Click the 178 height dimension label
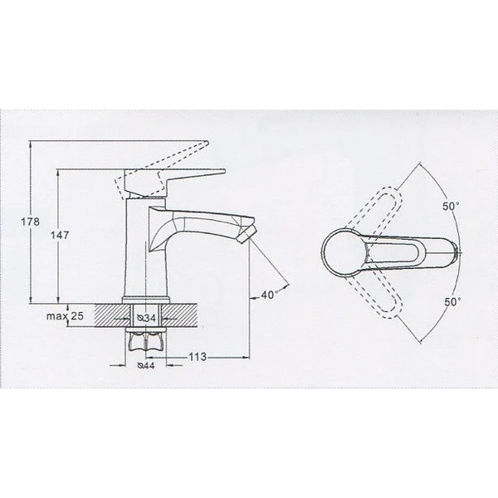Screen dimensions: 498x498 click(x=31, y=222)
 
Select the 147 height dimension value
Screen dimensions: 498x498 click(x=60, y=236)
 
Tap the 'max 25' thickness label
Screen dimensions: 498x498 click(x=65, y=316)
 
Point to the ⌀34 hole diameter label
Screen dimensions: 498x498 click(x=146, y=318)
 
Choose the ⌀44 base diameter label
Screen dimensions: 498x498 click(x=145, y=365)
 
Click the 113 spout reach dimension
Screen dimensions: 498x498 click(x=198, y=357)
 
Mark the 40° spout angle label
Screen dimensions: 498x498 click(x=270, y=295)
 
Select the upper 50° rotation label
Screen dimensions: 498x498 click(x=451, y=207)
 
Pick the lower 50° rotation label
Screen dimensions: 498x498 click(x=452, y=302)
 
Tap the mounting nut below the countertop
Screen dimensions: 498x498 click(x=146, y=342)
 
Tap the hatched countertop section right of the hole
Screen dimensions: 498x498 click(x=180, y=315)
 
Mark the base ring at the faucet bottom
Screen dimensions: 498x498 click(x=146, y=300)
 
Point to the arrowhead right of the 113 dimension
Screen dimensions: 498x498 click(x=246, y=358)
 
